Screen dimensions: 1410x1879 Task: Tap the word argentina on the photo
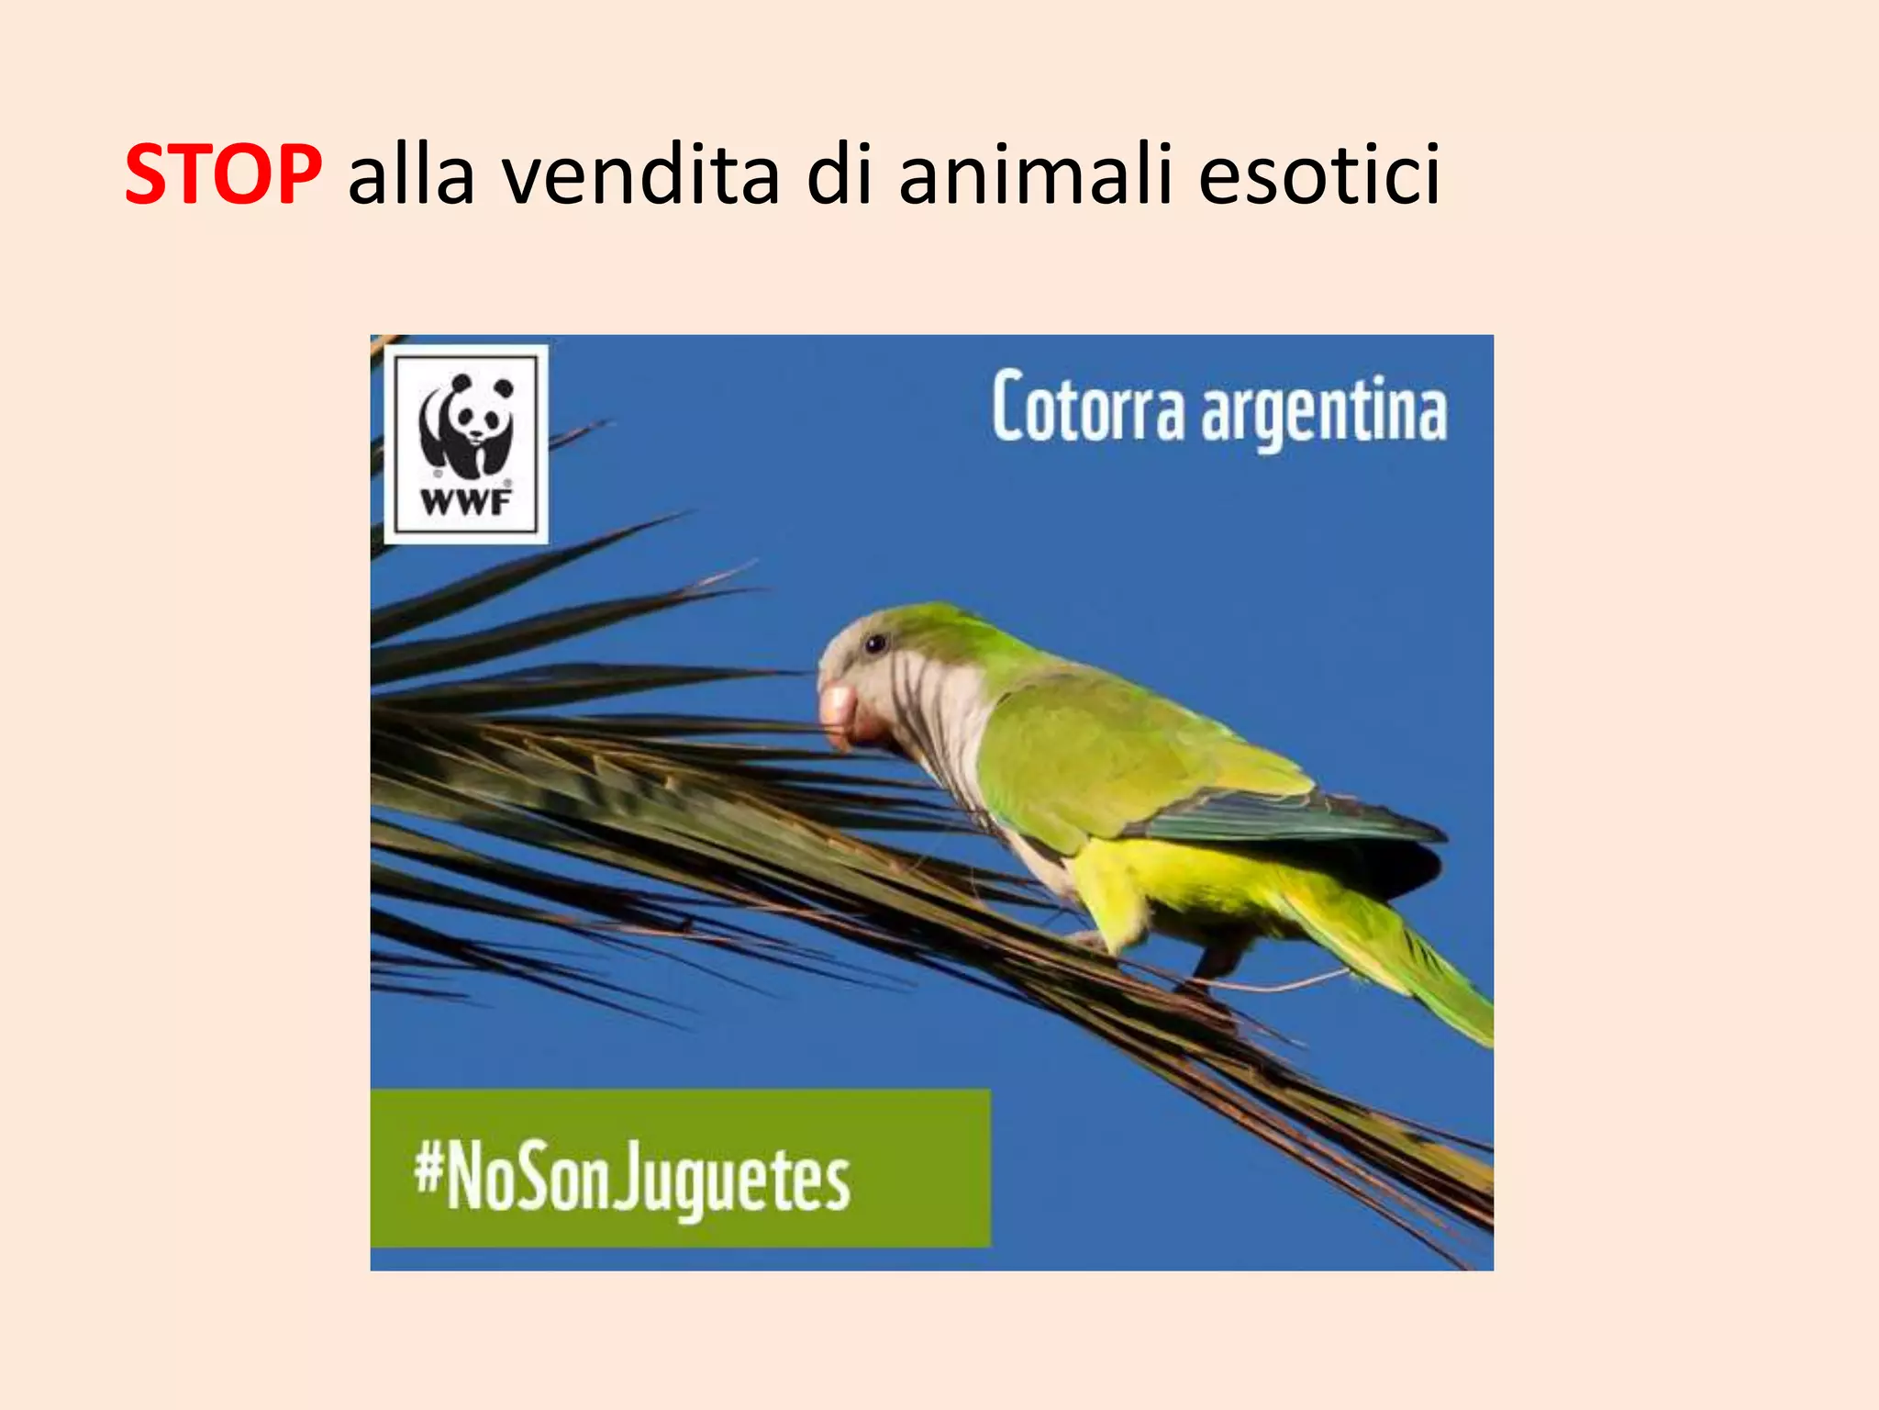[1324, 412]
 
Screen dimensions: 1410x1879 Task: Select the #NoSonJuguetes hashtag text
[632, 1181]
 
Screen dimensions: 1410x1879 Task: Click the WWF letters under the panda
[465, 502]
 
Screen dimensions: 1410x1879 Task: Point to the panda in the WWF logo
[465, 422]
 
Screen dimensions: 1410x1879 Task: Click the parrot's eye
[875, 643]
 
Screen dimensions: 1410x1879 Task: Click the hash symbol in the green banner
[428, 1169]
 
